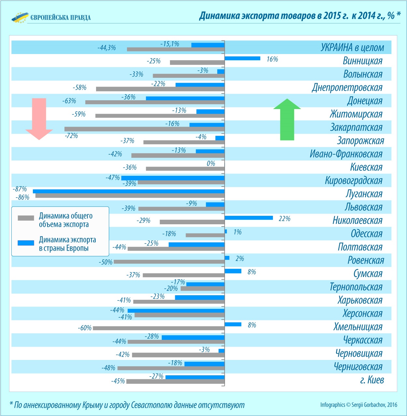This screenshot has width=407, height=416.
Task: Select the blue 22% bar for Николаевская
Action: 249,218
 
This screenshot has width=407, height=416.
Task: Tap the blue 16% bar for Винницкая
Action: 243,58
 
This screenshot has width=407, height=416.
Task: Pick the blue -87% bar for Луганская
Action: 129,191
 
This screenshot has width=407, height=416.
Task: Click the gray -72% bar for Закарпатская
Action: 145,129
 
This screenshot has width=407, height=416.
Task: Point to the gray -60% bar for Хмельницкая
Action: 159,328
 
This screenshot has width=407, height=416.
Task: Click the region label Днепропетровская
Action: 347,87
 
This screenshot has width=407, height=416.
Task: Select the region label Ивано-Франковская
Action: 346,154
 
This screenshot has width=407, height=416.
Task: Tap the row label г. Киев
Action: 372,380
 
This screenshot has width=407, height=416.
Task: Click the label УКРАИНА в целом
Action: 352,48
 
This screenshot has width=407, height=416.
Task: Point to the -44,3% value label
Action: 107,48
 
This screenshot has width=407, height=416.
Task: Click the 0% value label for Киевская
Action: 211,163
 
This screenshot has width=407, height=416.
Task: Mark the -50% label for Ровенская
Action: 106,262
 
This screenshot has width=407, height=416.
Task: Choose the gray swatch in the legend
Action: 26,218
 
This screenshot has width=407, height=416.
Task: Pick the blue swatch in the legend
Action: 26,243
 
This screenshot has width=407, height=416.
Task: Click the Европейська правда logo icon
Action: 20,18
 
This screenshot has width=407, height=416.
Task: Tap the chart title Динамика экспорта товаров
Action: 300,16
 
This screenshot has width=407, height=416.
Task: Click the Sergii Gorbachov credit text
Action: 358,405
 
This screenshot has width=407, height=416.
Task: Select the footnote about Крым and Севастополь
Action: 127,405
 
